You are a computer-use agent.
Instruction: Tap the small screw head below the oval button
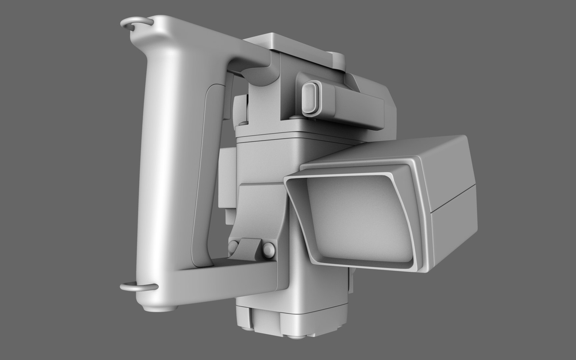click(x=294, y=117)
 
